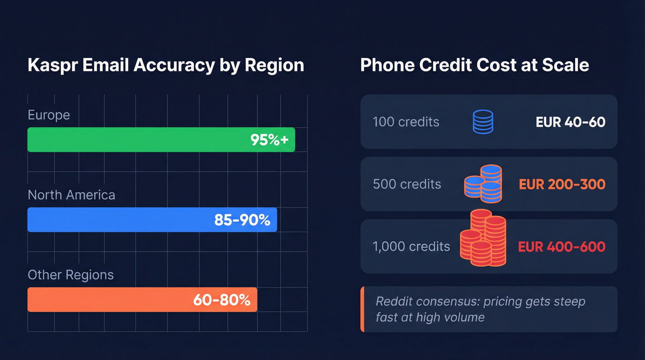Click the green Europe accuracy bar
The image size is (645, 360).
click(x=138, y=140)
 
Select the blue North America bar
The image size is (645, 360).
click(x=120, y=220)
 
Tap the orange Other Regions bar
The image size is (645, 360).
click(x=106, y=300)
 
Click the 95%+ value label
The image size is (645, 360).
click(x=270, y=140)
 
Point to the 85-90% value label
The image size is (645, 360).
click(x=242, y=220)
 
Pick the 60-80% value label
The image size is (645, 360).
click(x=222, y=300)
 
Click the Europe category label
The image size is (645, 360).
click(x=49, y=115)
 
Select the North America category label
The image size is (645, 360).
click(x=71, y=195)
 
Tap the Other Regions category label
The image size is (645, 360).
click(x=70, y=275)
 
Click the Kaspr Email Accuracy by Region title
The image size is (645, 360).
click(x=166, y=65)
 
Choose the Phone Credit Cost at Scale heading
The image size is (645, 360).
click(x=475, y=65)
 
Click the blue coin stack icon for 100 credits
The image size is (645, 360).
click(x=483, y=122)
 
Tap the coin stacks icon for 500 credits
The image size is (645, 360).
click(x=483, y=183)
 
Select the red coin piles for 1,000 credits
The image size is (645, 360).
click(x=483, y=239)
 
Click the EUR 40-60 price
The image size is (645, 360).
click(x=570, y=122)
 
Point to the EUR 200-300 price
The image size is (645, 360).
click(x=562, y=184)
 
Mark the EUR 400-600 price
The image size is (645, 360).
click(x=562, y=247)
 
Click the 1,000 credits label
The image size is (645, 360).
click(x=411, y=247)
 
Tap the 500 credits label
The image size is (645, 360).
click(x=407, y=184)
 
